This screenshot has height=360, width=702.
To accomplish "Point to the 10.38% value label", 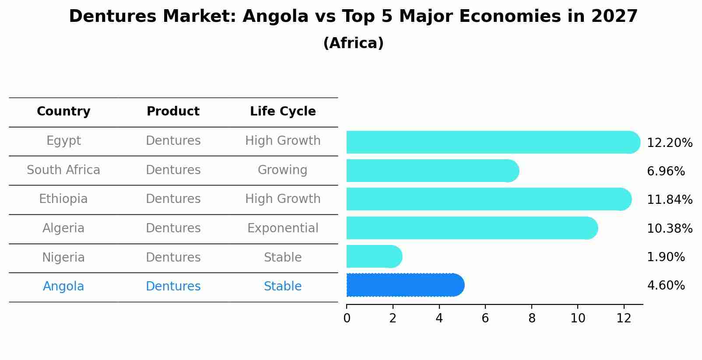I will pyautogui.click(x=669, y=228).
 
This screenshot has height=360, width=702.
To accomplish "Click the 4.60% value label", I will pyautogui.click(x=666, y=286).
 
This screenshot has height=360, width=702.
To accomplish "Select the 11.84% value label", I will pyautogui.click(x=669, y=200).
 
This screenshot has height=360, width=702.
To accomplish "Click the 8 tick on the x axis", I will pyautogui.click(x=532, y=318).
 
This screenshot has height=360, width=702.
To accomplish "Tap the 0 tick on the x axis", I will pyautogui.click(x=347, y=318).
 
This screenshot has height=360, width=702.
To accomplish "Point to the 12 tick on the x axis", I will pyautogui.click(x=624, y=318).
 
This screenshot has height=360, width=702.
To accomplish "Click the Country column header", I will pyautogui.click(x=63, y=112).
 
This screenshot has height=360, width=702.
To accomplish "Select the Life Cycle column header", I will pyautogui.click(x=283, y=112).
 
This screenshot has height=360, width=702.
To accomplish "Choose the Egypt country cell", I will pyautogui.click(x=63, y=141).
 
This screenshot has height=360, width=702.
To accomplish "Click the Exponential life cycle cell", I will pyautogui.click(x=283, y=228).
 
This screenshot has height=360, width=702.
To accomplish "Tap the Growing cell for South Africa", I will pyautogui.click(x=283, y=170).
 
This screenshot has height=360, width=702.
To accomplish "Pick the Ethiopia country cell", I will pyautogui.click(x=63, y=199).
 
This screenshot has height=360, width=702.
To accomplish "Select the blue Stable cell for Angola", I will pyautogui.click(x=283, y=287).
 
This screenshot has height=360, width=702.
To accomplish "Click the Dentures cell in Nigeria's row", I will pyautogui.click(x=173, y=257).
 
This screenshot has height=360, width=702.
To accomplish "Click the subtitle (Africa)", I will pyautogui.click(x=353, y=43).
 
